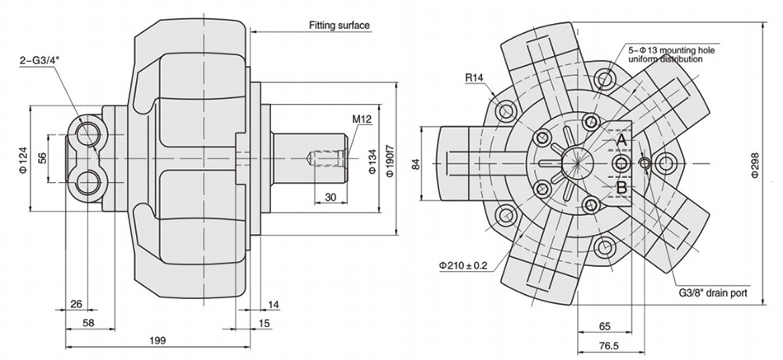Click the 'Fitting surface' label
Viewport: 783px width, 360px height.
[x=340, y=26]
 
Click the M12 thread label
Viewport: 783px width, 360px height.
[x=362, y=119]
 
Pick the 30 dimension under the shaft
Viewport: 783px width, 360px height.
[x=330, y=196]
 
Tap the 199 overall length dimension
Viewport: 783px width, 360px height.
[x=157, y=339]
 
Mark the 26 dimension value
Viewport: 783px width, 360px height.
[x=76, y=304]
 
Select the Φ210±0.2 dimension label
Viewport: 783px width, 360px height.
[x=462, y=265]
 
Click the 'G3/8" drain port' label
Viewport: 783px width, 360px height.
[x=711, y=291]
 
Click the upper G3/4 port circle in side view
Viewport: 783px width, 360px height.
[x=87, y=132]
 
